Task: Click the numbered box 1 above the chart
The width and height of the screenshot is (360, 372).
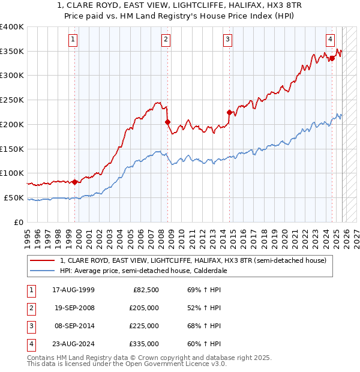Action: [73, 40]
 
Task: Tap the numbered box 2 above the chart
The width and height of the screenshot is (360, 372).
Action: [166, 40]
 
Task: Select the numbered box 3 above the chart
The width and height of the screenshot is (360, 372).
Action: [228, 40]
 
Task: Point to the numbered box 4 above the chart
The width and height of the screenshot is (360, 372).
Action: [331, 40]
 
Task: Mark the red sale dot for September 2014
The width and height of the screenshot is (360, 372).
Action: [229, 112]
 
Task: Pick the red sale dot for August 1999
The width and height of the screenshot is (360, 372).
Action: [74, 182]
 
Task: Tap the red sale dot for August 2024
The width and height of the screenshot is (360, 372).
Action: [332, 58]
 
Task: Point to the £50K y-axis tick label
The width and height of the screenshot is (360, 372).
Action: [14, 197]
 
